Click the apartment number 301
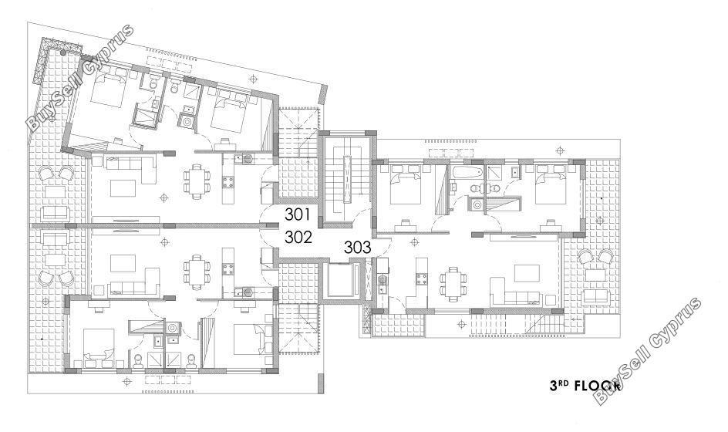click(297, 214)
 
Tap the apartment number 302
click(298, 238)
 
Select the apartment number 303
click(358, 248)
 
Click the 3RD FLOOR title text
click(585, 385)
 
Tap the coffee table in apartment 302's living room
click(123, 263)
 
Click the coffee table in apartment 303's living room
click(527, 273)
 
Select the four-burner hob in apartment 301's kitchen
click(228, 181)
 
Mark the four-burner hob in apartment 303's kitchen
click(422, 278)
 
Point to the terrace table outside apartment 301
click(55, 192)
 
